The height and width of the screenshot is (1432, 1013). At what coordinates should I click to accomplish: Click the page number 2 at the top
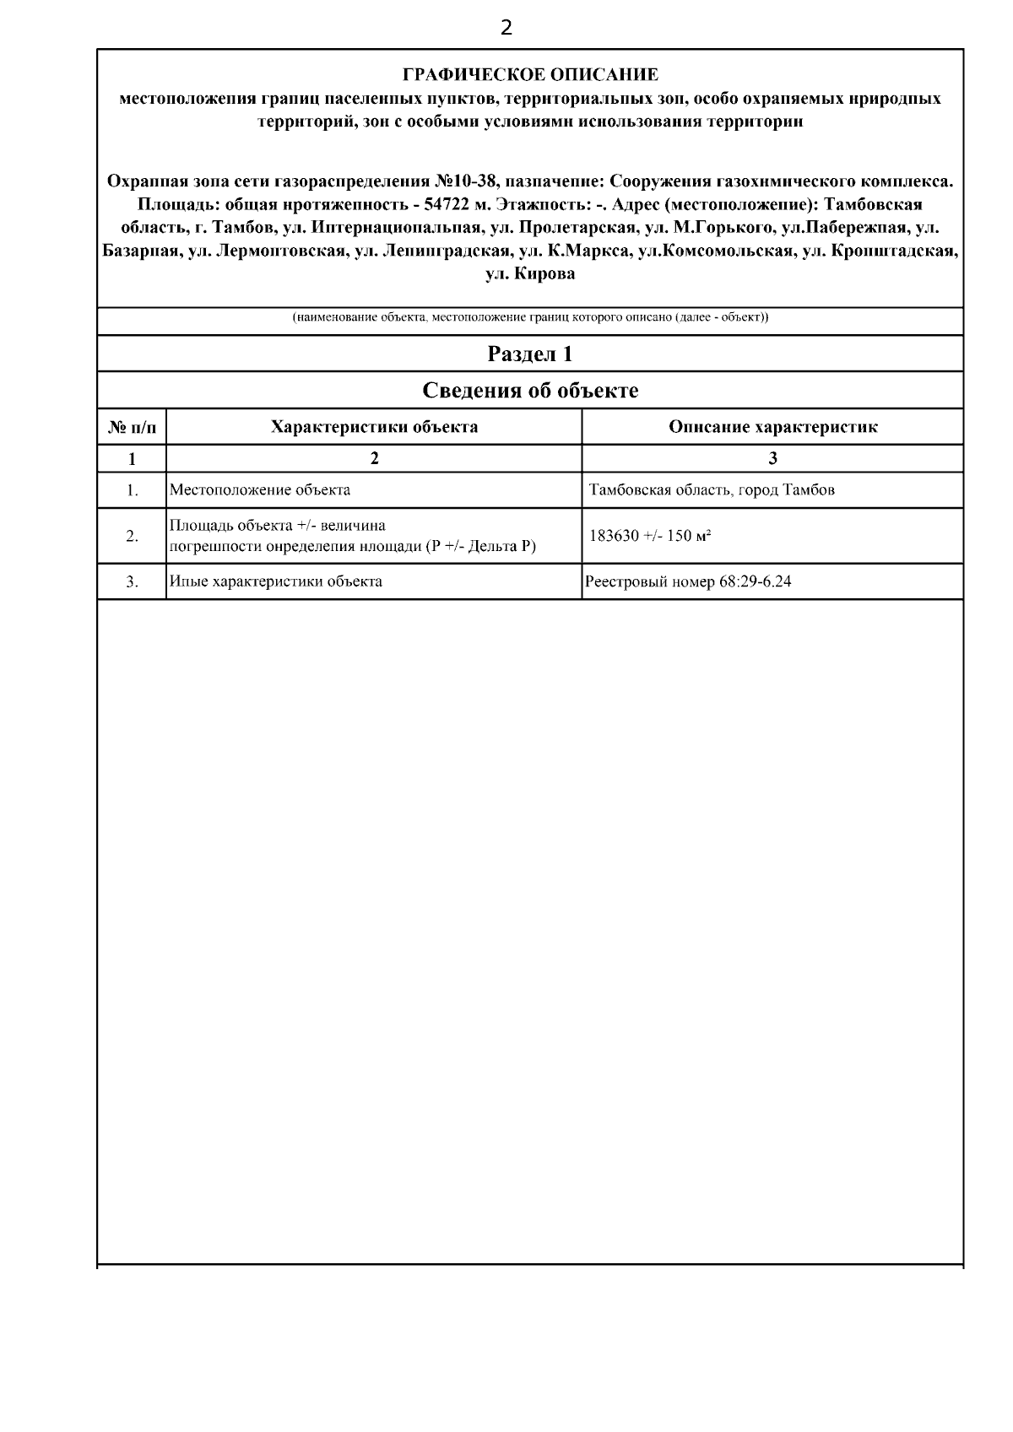point(506,29)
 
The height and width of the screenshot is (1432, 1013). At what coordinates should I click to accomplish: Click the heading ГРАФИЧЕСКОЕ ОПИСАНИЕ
point(530,75)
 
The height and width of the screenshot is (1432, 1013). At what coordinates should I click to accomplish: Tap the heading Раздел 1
point(530,354)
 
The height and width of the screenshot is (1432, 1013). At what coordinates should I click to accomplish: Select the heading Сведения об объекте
point(530,391)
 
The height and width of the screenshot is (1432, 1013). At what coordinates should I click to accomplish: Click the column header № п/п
point(133,427)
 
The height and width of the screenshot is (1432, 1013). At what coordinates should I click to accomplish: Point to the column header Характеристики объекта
point(374,427)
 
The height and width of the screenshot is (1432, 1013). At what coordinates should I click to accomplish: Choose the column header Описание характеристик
point(772,427)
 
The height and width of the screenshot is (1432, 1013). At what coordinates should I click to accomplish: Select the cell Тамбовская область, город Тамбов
point(712,489)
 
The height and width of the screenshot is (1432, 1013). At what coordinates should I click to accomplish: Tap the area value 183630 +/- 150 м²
point(649,536)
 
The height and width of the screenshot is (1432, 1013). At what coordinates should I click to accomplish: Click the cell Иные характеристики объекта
point(276,581)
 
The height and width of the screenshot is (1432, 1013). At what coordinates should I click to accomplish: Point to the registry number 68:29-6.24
point(756,581)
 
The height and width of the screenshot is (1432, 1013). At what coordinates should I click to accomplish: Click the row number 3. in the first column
point(133,581)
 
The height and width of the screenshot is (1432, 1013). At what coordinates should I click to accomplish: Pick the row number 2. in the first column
point(133,536)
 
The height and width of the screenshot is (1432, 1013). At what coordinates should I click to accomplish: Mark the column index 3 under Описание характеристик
point(772,458)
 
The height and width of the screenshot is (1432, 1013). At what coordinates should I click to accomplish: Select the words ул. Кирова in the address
point(530,274)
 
